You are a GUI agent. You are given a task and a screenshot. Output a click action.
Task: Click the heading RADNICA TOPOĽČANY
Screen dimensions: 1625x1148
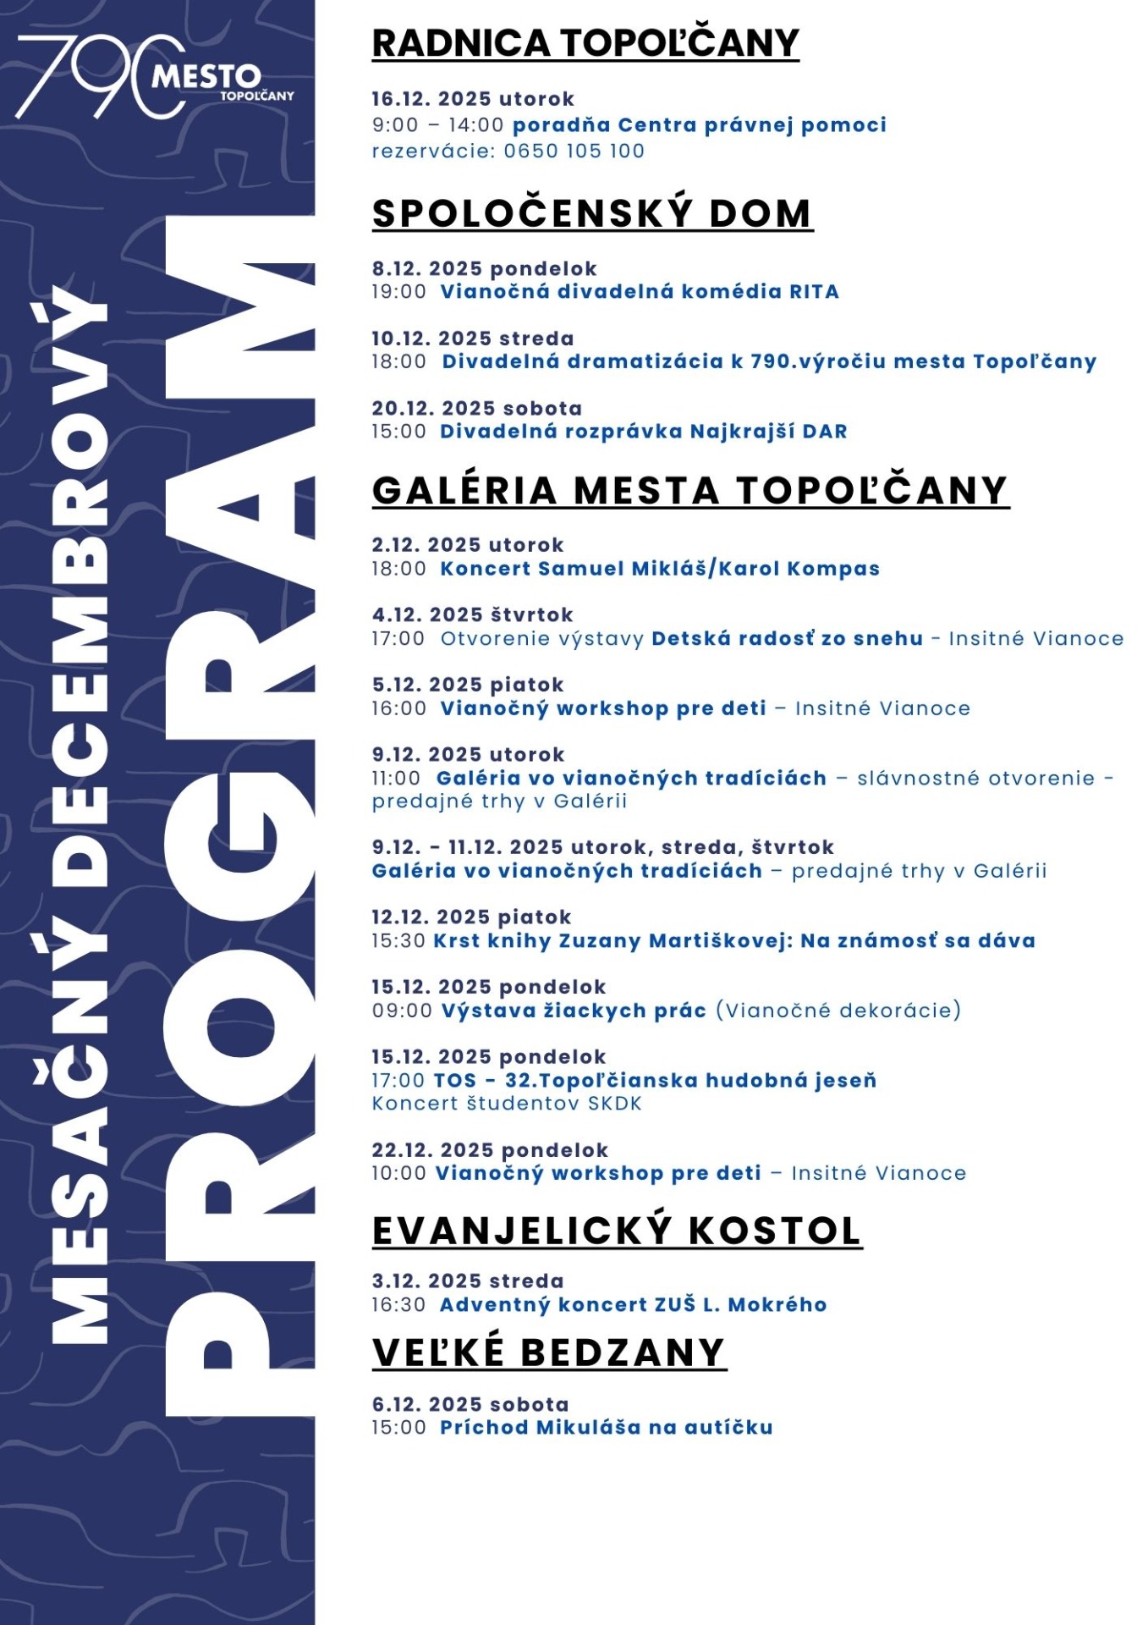coord(585,43)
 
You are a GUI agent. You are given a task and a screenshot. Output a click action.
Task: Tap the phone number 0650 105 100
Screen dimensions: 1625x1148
coord(574,151)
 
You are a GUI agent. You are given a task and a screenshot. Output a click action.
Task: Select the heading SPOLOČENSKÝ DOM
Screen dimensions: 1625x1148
coord(592,213)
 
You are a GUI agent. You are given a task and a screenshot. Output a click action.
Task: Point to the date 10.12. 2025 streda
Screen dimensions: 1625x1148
coord(472,339)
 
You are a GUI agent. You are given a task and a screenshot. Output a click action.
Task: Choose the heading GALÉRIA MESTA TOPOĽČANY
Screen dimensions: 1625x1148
coord(690,491)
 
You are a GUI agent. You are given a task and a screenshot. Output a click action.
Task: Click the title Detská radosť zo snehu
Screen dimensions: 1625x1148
coord(787,639)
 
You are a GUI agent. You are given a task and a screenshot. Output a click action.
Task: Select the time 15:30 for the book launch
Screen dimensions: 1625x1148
coord(398,941)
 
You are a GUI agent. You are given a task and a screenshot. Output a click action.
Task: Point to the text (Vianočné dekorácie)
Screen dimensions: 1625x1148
coord(838,1011)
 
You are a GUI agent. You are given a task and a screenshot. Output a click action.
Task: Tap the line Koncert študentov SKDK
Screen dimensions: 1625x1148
coord(507,1104)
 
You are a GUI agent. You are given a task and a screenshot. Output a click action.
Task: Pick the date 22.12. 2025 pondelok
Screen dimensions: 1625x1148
coord(490,1150)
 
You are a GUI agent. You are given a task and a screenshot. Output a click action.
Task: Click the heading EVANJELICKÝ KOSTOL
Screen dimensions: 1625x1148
coord(617,1231)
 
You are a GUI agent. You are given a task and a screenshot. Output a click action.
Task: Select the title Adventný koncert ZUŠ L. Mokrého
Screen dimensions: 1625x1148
coord(633,1305)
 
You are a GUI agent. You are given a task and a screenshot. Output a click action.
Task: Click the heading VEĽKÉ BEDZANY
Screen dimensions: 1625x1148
coord(549,1352)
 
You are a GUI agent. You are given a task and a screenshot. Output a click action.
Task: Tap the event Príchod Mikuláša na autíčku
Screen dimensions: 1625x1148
coord(606,1428)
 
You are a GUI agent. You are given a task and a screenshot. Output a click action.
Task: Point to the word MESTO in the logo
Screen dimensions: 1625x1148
coord(206,78)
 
